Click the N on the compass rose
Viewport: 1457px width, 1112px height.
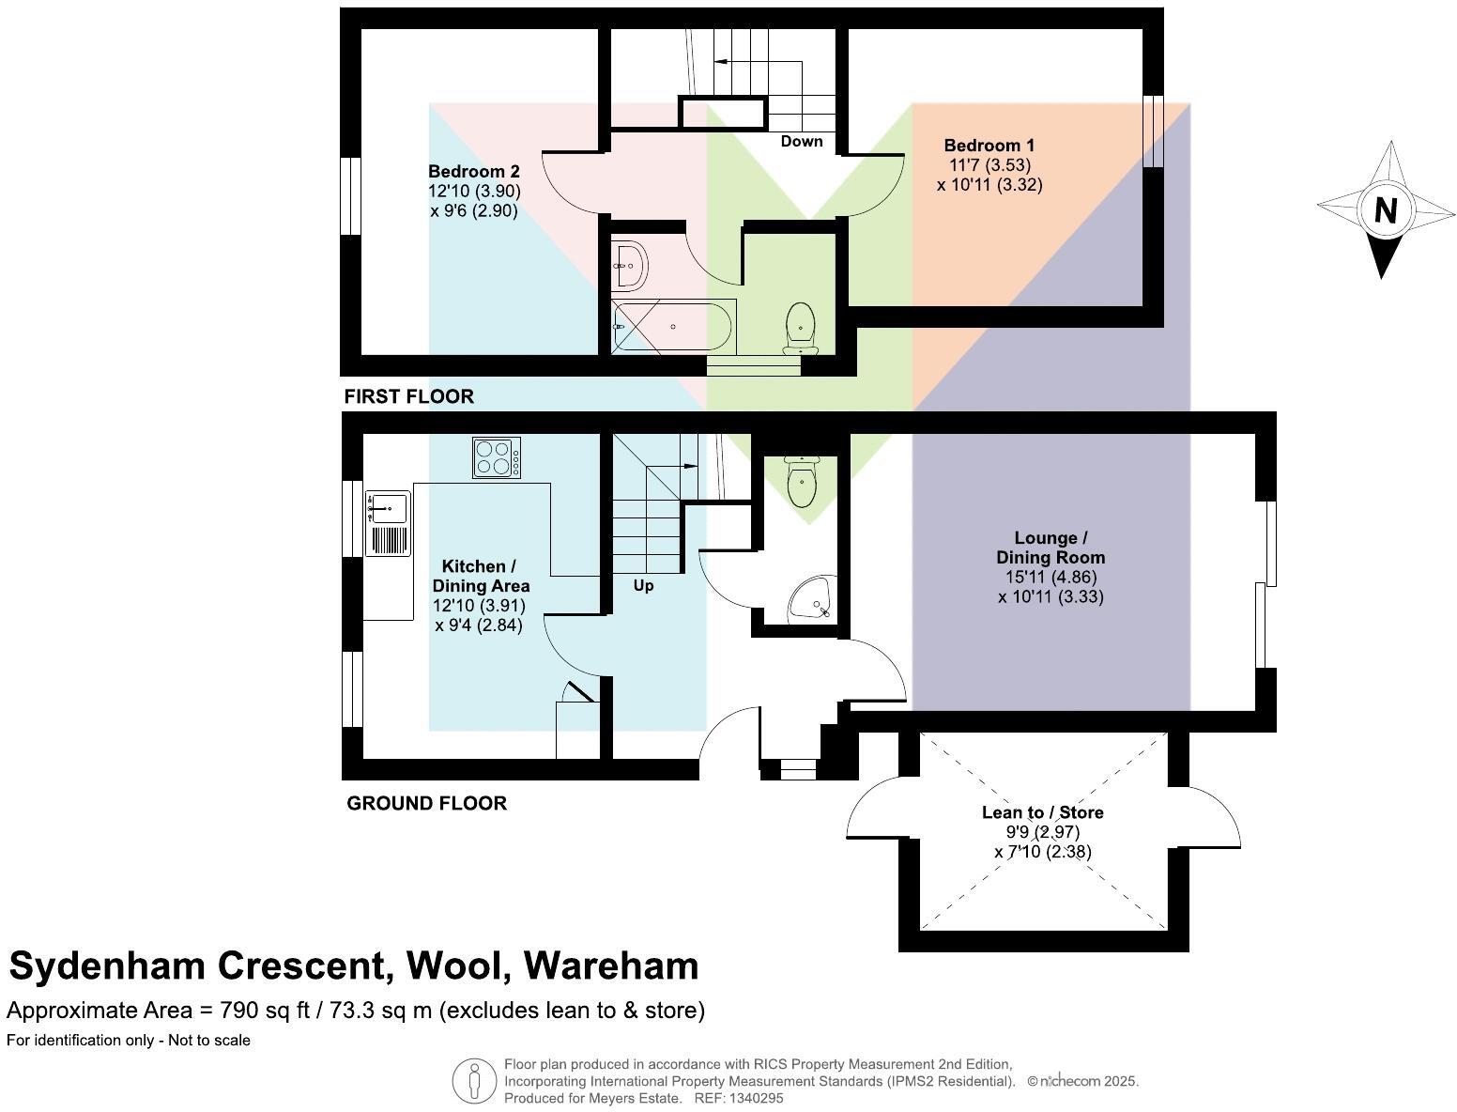pos(1386,210)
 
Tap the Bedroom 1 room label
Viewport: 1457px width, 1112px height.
pos(989,146)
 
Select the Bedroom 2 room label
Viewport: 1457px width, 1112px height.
pos(473,172)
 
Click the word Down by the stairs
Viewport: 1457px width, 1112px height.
pos(802,142)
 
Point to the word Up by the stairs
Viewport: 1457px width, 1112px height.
pos(643,586)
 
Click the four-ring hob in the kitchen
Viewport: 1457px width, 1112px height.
pos(497,458)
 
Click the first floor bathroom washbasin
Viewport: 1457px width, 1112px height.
pos(629,265)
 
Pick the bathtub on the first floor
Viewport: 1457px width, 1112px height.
pos(673,326)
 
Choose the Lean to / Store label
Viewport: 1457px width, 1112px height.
pos(1042,812)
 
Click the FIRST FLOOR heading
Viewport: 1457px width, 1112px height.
pos(409,396)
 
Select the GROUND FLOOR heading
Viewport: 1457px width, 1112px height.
pos(427,803)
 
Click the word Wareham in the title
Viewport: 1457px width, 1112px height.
pos(611,965)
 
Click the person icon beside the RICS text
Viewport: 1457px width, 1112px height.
pos(474,1081)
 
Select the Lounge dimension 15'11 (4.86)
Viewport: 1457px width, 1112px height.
pos(1050,578)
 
